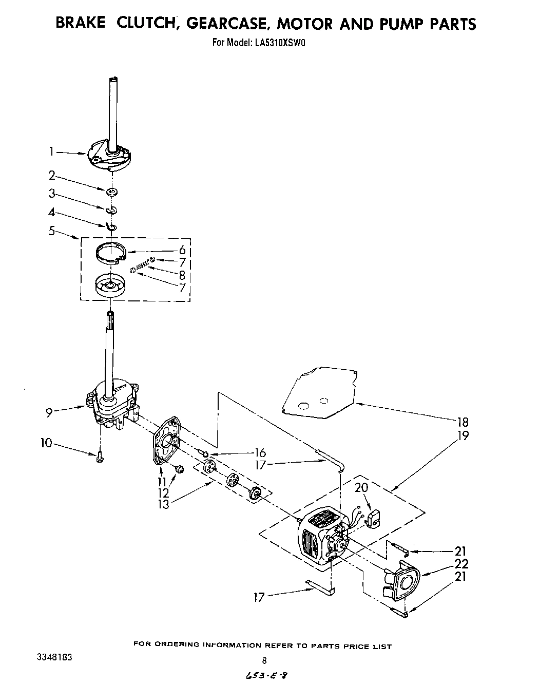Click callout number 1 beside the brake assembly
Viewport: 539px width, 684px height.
coord(51,151)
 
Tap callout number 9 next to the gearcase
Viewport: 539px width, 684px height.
coord(49,412)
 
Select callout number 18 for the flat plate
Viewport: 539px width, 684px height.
coord(463,422)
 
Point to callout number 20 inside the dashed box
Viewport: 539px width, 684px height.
coord(362,487)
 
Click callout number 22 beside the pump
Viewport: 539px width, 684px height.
coord(461,564)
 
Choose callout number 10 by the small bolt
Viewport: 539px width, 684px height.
coord(47,443)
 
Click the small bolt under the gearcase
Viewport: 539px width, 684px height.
coord(100,457)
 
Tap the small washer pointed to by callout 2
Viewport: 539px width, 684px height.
coord(111,192)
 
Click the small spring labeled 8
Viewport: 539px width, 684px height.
coord(142,267)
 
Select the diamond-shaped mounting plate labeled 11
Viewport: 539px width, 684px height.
coord(167,442)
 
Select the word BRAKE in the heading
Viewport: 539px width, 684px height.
coord(80,24)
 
